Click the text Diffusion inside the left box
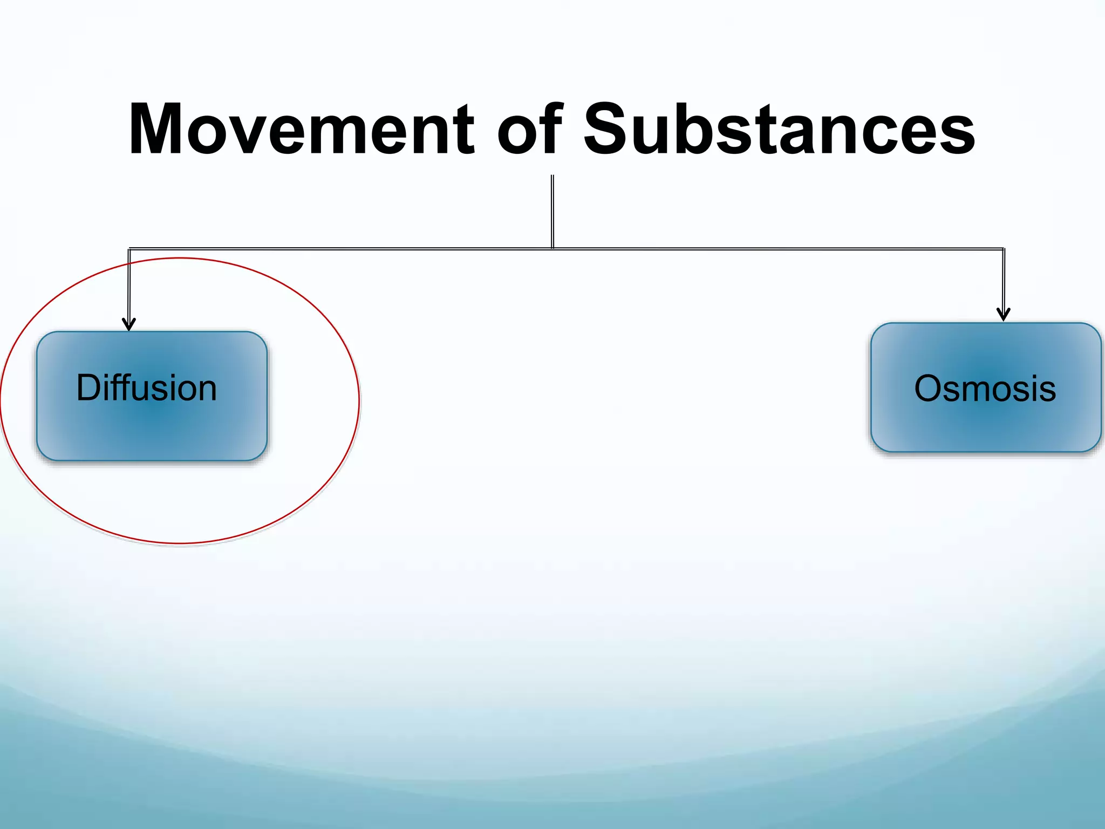coord(146,388)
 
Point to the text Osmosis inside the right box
coord(985,389)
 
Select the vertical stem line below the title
coord(552,210)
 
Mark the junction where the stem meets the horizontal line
coord(552,248)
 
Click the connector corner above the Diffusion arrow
coord(129,249)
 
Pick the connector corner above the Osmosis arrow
coord(1003,249)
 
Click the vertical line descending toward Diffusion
coord(129,286)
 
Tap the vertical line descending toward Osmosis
coord(1003,281)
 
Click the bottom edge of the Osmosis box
coord(986,452)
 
